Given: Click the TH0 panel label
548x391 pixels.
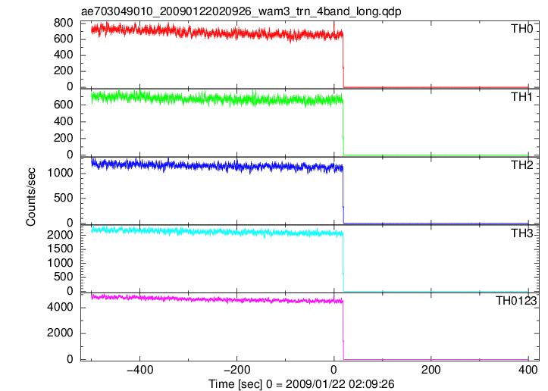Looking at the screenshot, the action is pos(521,29).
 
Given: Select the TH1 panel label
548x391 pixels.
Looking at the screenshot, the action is pos(521,97).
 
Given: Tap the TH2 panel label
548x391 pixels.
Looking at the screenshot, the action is pos(521,165).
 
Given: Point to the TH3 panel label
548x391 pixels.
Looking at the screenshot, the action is pos(521,233).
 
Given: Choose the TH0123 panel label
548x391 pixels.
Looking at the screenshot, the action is pos(516,301).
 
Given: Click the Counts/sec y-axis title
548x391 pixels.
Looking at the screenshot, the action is pos(31,197).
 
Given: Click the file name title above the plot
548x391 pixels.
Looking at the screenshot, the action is pos(241,11).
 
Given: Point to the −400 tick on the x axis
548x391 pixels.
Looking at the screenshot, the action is pos(139,370).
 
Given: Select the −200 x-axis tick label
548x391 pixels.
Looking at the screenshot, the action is pos(236,370).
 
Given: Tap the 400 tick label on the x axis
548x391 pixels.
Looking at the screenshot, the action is pos(528,370).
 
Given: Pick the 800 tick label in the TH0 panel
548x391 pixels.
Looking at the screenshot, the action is pos(63,23).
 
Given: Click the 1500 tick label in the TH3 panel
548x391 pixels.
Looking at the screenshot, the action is pos(60,249).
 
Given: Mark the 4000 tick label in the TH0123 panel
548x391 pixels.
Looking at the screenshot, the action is pos(60,307).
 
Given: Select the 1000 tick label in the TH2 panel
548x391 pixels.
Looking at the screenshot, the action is pos(60,173).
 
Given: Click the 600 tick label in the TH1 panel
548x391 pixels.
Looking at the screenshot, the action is pos(63,105).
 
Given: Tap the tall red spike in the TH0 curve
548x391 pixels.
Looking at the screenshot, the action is pos(334,28).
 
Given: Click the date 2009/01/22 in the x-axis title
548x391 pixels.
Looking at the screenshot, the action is pos(313,384).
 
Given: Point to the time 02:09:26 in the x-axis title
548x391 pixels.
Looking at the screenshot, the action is pos(368,384).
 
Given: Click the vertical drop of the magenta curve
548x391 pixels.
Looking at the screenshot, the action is pos(343,330).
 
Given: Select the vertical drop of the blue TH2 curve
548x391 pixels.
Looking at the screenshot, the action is pos(343,195).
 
